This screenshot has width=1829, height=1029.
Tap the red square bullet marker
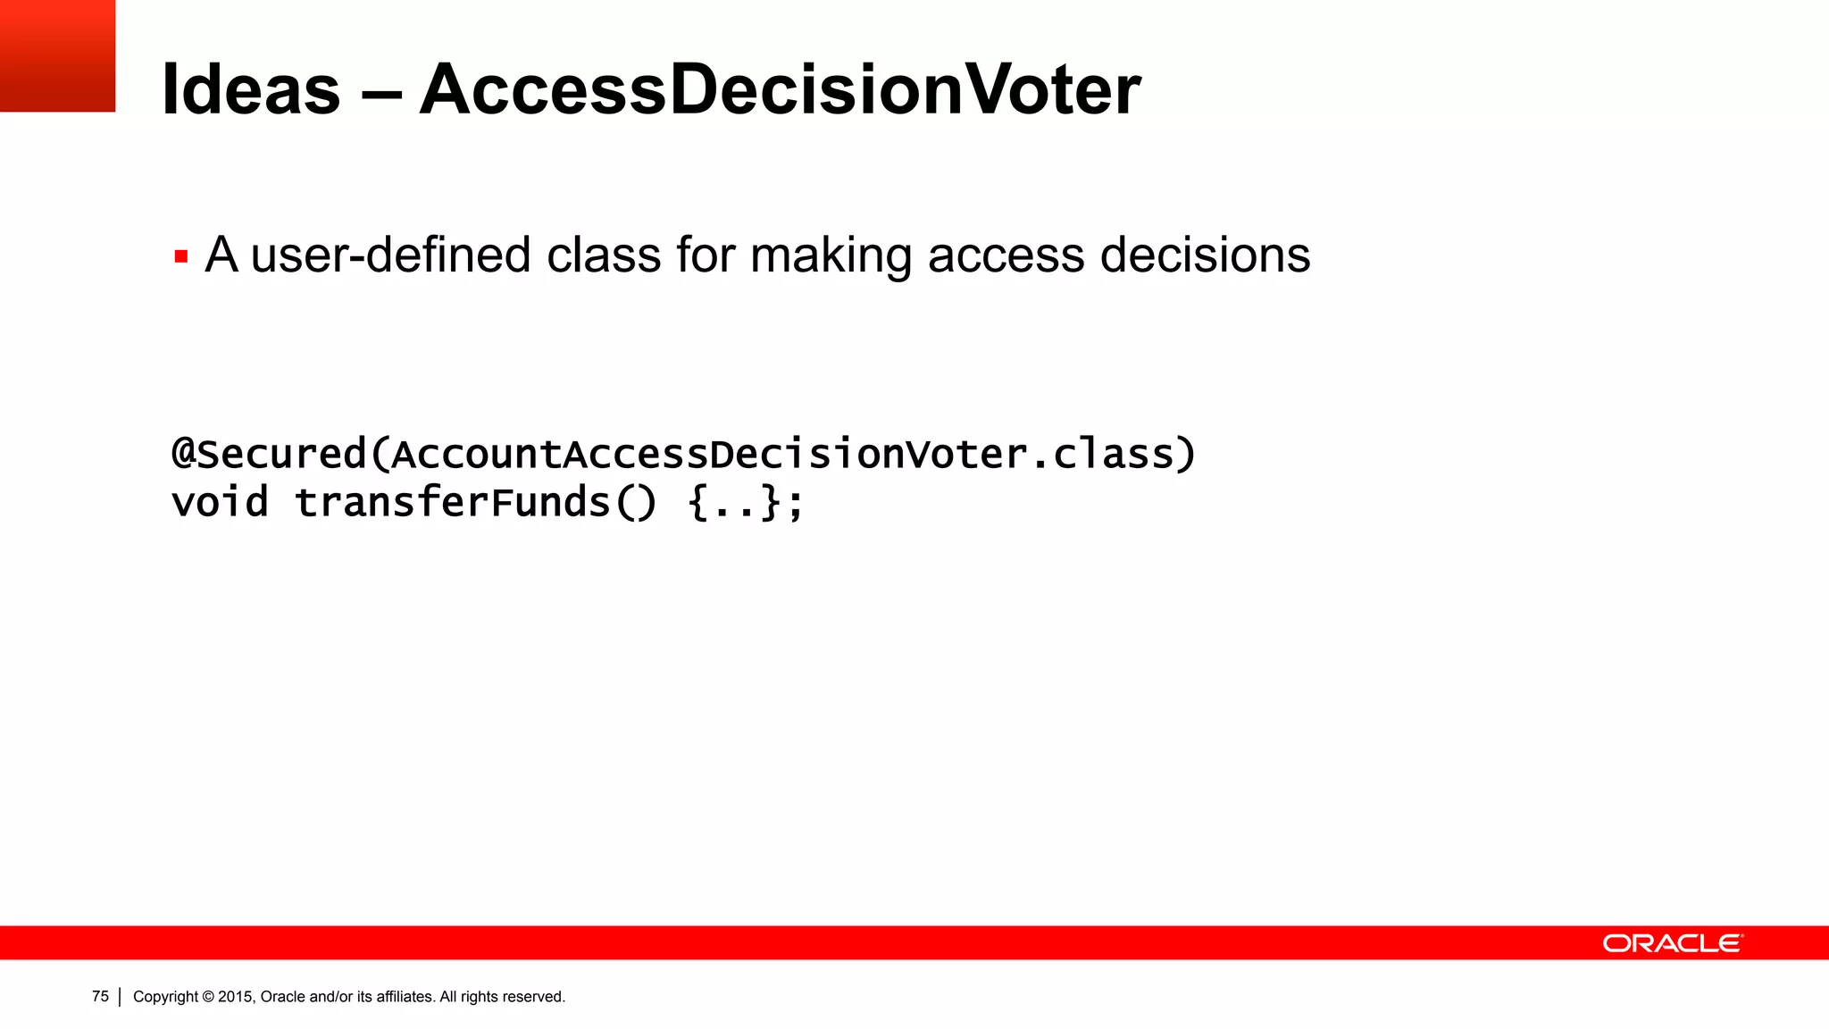(181, 257)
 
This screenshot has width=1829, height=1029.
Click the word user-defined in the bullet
(391, 255)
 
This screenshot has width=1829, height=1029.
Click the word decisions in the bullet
(1205, 255)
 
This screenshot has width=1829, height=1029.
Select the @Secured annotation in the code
(269, 455)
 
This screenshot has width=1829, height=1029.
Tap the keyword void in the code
(220, 502)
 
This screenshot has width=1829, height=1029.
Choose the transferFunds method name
(452, 502)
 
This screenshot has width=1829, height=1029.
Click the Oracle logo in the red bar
(1672, 943)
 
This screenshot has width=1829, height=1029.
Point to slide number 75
(100, 997)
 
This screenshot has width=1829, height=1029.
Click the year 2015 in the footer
(236, 997)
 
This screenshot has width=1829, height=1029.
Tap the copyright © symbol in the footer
(208, 997)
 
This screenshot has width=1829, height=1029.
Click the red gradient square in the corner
(57, 55)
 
